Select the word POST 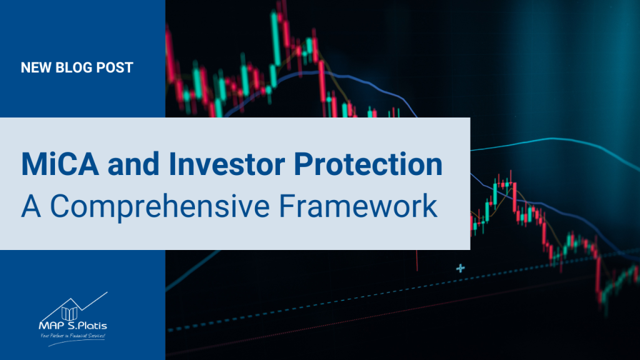114,67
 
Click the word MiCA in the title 60,164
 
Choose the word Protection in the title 368,164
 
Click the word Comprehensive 159,206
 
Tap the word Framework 358,206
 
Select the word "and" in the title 134,164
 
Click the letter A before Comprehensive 31,206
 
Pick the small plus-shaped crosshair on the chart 461,268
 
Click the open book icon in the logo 69,314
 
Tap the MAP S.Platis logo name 72,326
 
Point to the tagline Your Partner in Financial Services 72,336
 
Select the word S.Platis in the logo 87,326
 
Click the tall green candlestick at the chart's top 276,39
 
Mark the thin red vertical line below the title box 417,261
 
